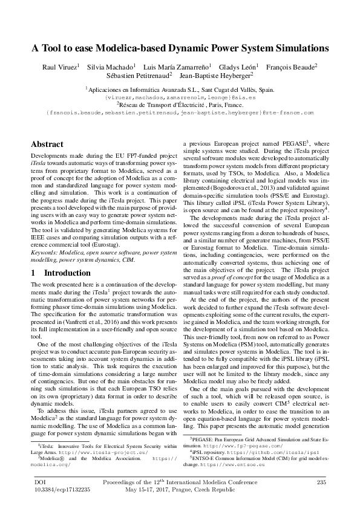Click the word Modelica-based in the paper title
pos(143,48)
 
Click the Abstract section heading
pos(47,144)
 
